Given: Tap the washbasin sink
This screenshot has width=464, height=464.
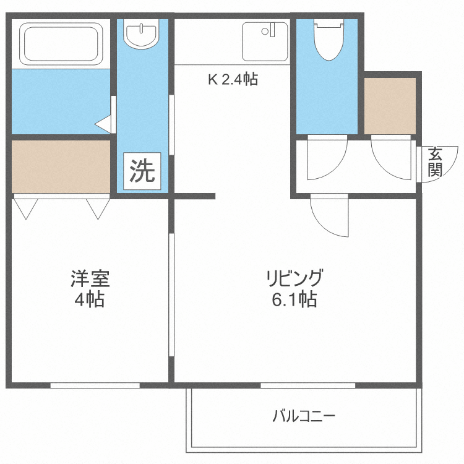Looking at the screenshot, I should (141, 34).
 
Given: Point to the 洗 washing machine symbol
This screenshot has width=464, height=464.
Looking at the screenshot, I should (142, 171).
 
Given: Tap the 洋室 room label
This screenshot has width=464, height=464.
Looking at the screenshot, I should (90, 279).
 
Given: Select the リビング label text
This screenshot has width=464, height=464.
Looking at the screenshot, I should (295, 278).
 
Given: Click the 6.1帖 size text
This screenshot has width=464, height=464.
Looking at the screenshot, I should (294, 301).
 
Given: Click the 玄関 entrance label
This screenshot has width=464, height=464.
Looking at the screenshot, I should (436, 162).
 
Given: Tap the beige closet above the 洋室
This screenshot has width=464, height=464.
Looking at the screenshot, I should (61, 166).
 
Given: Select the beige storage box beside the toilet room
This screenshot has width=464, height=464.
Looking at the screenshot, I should (390, 105).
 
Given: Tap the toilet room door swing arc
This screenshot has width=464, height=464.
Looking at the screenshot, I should (328, 161).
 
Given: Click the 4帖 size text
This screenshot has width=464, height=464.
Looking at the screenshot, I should (90, 301).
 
